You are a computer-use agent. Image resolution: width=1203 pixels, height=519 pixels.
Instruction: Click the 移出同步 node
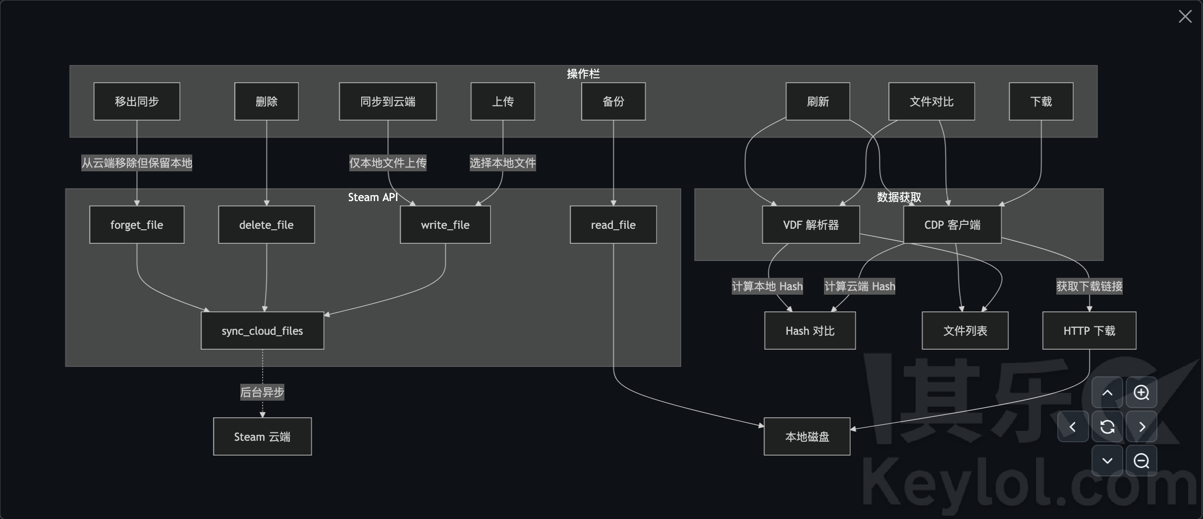click(137, 102)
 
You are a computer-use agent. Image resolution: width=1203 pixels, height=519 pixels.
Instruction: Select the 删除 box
click(267, 102)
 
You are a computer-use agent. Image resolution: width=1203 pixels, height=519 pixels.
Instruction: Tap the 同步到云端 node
click(387, 102)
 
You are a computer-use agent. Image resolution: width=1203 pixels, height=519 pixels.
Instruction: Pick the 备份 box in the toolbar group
click(613, 102)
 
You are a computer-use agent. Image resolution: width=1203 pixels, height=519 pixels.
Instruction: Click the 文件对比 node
click(931, 102)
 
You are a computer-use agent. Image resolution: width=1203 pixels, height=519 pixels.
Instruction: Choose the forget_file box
click(137, 225)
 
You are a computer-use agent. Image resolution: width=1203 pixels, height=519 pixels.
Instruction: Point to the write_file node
click(445, 225)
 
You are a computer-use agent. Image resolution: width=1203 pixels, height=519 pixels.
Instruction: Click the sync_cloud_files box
click(262, 331)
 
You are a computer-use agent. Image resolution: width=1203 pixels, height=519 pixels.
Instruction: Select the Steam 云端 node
click(262, 437)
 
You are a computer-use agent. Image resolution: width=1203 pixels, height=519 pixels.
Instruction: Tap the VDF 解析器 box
click(811, 225)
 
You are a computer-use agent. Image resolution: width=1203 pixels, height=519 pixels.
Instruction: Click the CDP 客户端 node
click(952, 225)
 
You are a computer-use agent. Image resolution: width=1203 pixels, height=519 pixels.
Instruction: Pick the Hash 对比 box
click(810, 331)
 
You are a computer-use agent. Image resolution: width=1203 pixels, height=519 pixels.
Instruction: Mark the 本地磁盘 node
click(807, 437)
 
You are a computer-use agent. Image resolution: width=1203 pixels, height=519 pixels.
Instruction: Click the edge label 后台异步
click(262, 392)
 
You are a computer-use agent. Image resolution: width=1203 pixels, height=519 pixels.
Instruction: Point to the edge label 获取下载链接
click(1089, 286)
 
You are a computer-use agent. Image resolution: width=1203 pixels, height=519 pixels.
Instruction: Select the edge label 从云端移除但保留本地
click(137, 163)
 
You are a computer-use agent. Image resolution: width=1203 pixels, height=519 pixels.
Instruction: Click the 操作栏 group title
click(583, 74)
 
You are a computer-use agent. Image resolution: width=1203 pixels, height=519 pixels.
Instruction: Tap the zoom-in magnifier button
click(1142, 393)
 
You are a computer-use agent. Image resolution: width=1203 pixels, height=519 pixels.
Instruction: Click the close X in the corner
click(1185, 16)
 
